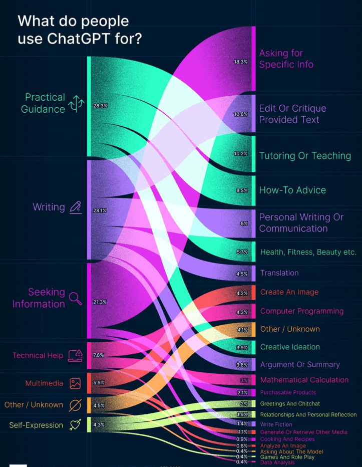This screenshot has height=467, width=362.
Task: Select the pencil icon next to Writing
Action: click(76, 207)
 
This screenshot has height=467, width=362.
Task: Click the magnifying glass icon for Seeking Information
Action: click(76, 298)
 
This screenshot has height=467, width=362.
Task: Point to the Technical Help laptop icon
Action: click(76, 355)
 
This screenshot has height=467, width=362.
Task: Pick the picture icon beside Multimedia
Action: click(75, 383)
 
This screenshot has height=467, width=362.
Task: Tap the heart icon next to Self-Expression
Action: click(75, 425)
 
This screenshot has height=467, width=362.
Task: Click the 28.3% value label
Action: click(100, 106)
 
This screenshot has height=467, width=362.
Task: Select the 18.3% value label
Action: click(240, 62)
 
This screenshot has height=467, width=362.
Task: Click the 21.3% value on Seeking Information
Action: click(100, 302)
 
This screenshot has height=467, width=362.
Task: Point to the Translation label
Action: click(279, 273)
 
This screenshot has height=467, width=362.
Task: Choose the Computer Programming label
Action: click(302, 311)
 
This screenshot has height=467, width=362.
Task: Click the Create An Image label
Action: click(289, 292)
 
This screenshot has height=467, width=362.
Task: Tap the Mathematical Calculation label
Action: click(304, 380)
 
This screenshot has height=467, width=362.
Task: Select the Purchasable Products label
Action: click(288, 392)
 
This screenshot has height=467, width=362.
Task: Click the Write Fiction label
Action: click(276, 424)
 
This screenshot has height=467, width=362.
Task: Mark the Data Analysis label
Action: click(277, 462)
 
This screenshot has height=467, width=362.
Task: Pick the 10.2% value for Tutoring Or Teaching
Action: click(240, 154)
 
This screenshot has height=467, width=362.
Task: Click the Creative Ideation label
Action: click(290, 347)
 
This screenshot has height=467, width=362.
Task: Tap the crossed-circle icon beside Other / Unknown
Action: click(75, 405)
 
